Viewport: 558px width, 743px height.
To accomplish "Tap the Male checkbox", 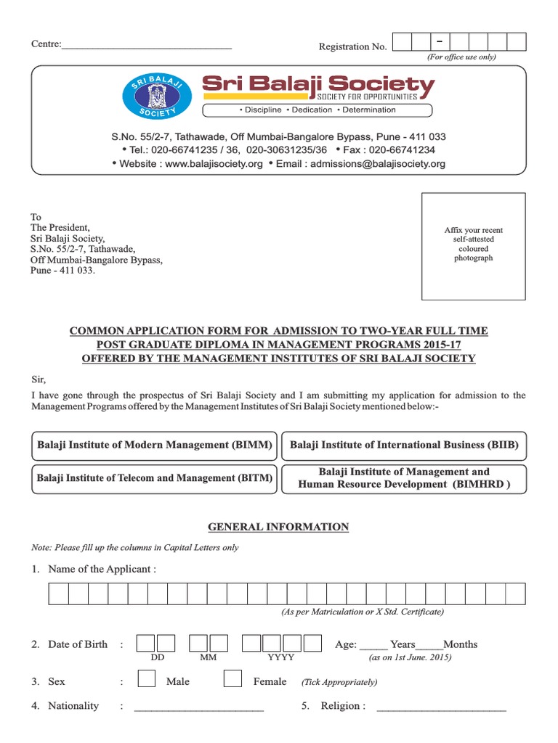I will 146,678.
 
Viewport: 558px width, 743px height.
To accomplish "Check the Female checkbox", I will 232,678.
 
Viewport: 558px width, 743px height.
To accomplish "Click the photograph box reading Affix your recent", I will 474,246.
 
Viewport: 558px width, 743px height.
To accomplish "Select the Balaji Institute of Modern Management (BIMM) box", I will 155,446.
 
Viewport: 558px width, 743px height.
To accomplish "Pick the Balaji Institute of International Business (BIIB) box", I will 404,446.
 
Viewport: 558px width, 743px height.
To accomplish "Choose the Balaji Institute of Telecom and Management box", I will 155,478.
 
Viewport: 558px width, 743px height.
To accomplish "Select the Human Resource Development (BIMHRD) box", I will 404,478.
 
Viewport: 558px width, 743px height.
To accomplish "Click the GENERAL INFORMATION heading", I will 278,528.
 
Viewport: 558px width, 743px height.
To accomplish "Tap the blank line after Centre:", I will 147,47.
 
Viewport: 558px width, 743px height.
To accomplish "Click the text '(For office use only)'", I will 461,57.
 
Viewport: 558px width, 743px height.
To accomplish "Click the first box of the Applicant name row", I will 59,594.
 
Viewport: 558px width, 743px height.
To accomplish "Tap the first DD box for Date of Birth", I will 145,644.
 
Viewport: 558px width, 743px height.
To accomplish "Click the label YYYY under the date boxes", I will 281,657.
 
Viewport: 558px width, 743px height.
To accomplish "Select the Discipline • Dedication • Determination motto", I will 317,110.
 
